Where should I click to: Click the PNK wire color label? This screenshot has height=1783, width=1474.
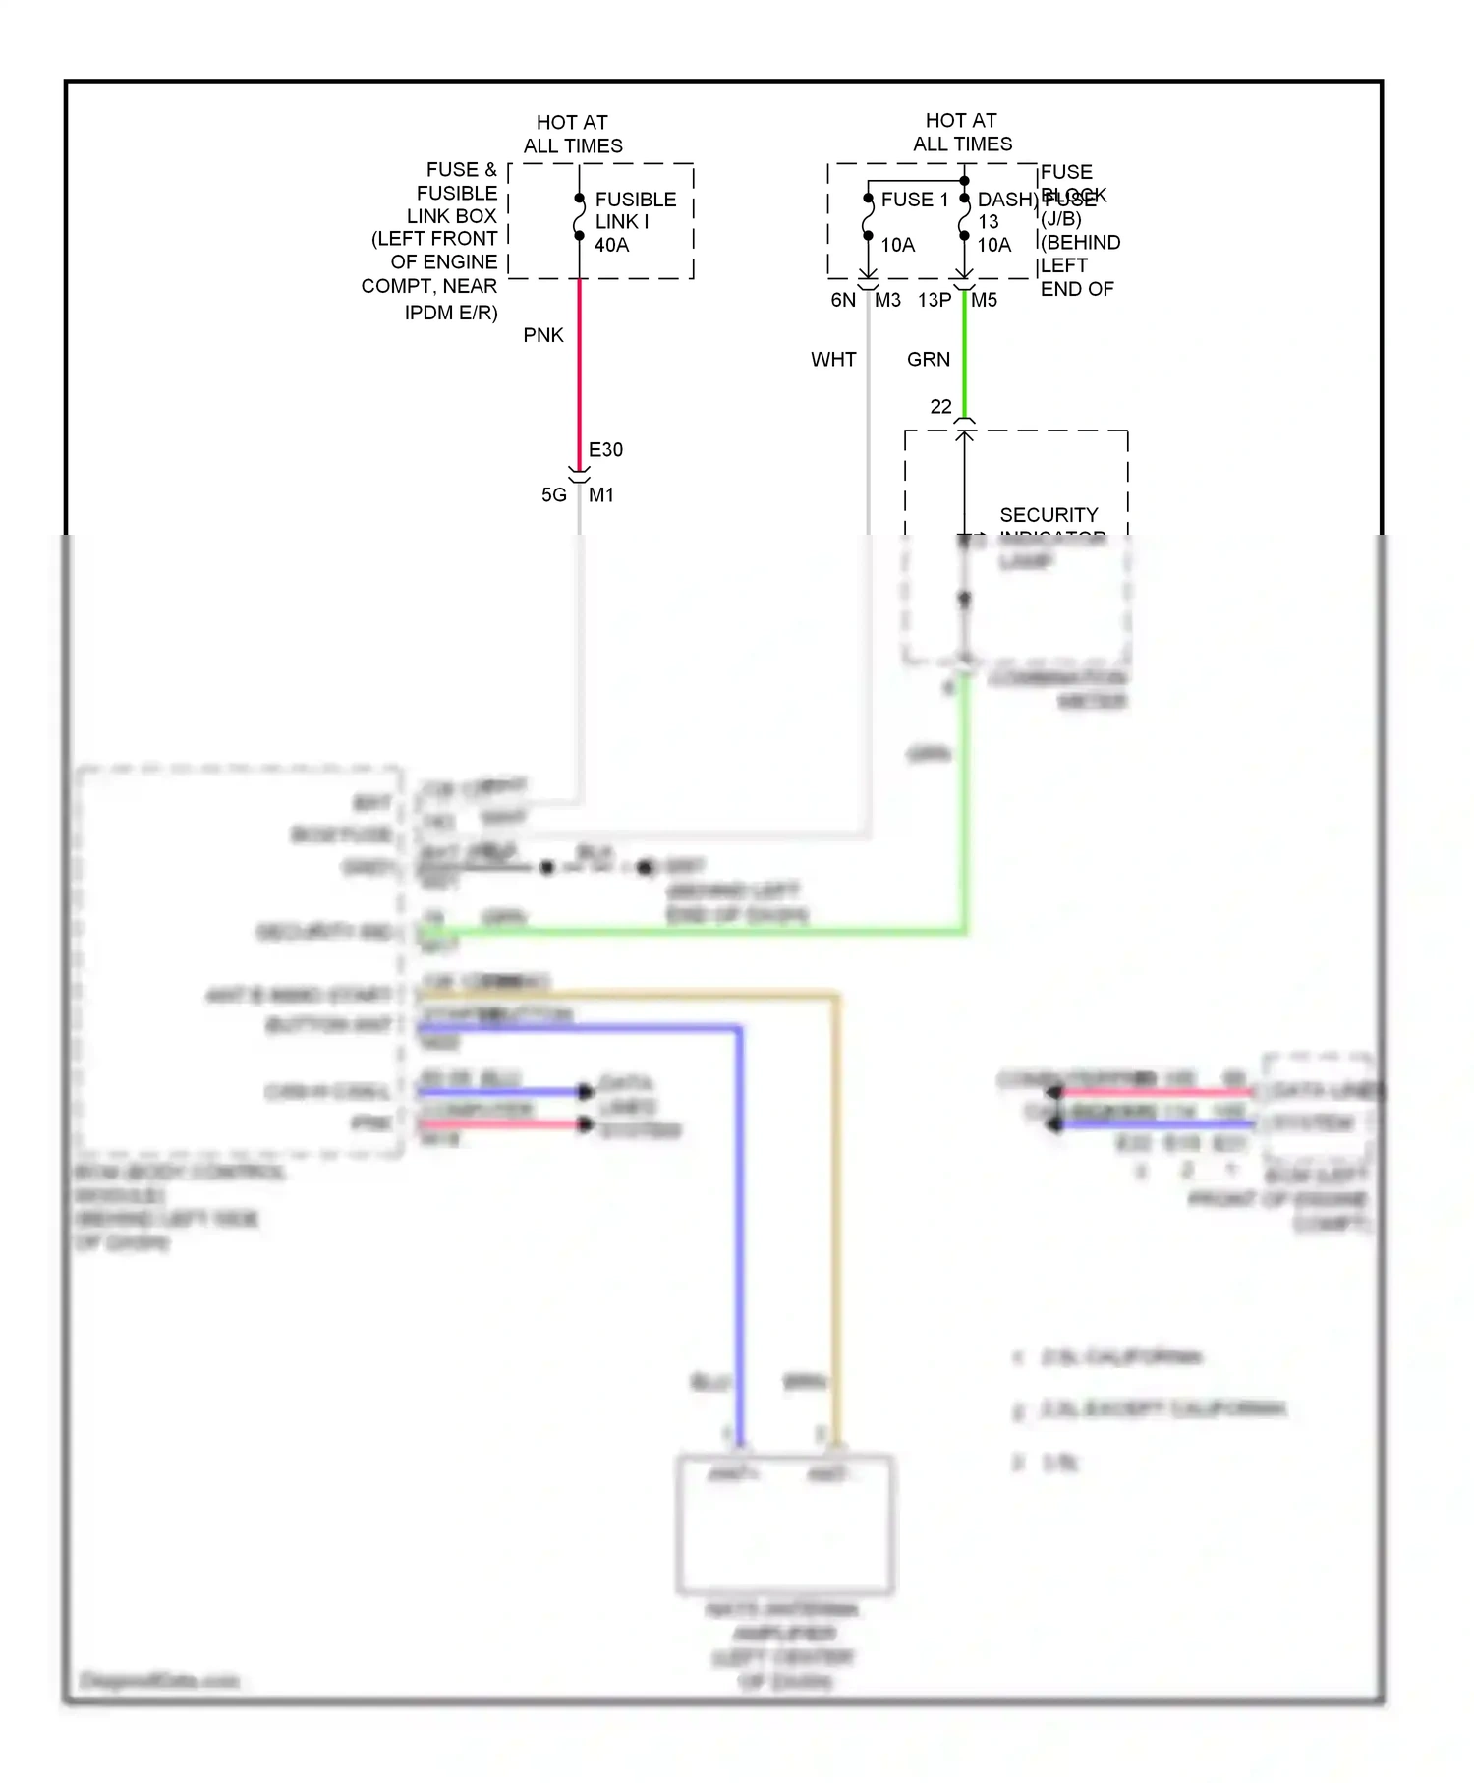(543, 335)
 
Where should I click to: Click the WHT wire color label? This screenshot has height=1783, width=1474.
(833, 360)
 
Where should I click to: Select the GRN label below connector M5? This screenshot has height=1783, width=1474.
(929, 360)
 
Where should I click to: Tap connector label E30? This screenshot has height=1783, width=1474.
(605, 450)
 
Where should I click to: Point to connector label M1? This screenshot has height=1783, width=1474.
(601, 495)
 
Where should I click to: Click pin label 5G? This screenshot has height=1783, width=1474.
(554, 495)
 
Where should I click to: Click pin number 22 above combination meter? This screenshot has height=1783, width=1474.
(940, 407)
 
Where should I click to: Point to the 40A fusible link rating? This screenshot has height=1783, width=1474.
(611, 245)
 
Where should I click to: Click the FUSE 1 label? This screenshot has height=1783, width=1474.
(915, 200)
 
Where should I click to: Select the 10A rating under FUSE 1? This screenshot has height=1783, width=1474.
(897, 245)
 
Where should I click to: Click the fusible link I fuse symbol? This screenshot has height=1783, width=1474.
(580, 217)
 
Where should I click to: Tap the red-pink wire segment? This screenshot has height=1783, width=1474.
(580, 374)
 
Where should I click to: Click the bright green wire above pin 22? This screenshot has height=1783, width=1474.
(965, 354)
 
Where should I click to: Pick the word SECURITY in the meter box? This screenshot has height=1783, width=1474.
(1049, 515)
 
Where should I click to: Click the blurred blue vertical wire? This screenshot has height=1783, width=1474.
(739, 1229)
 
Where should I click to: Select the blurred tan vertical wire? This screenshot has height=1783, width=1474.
(836, 1229)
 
